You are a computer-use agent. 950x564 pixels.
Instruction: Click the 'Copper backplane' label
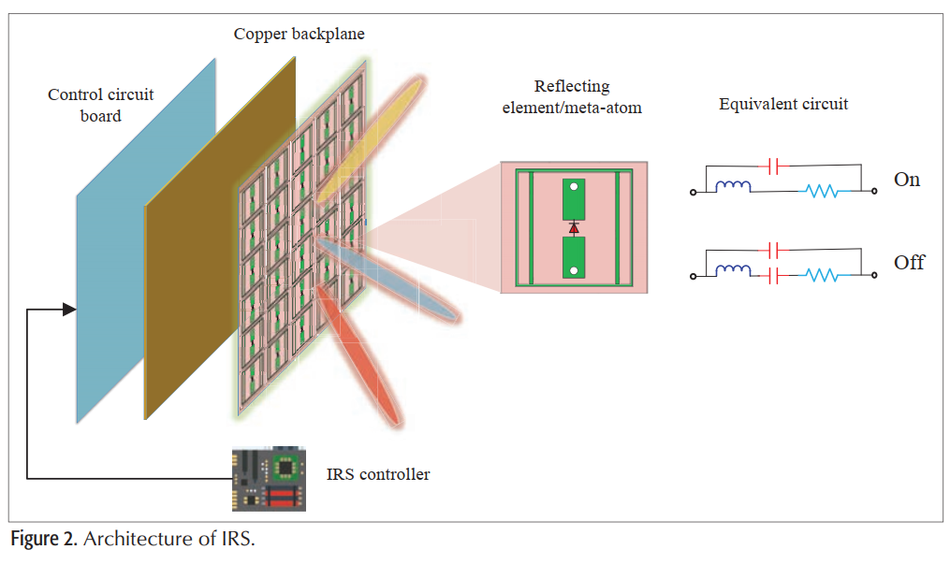299,35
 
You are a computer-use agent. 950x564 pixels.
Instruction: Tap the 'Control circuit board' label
100,105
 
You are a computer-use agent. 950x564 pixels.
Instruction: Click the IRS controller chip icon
269,479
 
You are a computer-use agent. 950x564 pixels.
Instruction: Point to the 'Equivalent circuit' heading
783,104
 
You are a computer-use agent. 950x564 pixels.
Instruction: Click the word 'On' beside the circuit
907,180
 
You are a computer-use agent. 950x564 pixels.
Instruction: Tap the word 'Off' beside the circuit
909,263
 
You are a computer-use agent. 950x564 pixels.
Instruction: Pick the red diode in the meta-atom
574,227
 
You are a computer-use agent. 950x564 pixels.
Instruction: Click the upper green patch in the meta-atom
574,198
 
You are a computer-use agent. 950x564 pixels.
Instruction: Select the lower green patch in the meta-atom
574,257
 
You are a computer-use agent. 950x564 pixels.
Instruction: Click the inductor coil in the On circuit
733,187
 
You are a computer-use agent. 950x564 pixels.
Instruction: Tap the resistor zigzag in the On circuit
821,192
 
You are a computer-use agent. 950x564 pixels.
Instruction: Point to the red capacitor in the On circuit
773,166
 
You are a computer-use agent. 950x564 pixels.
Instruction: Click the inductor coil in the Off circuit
733,271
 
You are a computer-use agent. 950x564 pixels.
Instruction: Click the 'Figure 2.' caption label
43,542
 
